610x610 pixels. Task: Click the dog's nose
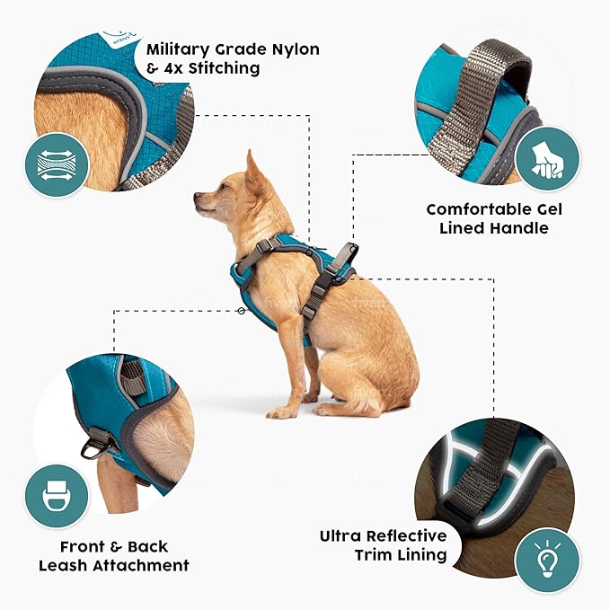pyautogui.click(x=197, y=198)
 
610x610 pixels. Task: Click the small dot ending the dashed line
pyautogui.click(x=241, y=311)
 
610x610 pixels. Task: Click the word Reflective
pyautogui.click(x=409, y=535)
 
